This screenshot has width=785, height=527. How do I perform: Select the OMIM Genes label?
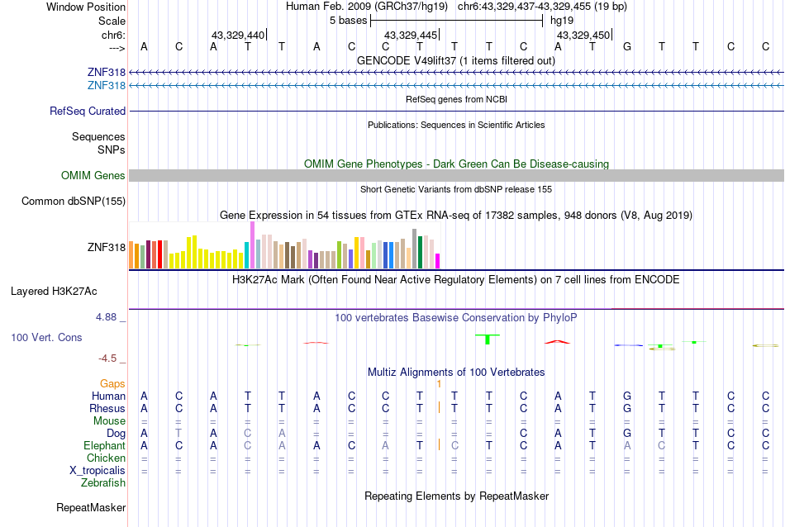click(x=93, y=175)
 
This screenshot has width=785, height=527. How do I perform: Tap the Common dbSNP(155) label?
click(x=74, y=201)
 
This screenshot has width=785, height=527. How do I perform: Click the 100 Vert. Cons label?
click(x=46, y=338)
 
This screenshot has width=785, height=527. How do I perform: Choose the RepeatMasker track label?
click(x=91, y=507)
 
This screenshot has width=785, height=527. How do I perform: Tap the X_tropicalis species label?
click(x=98, y=470)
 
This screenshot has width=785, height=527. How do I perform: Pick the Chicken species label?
click(x=107, y=458)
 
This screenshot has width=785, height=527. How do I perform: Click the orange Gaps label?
click(x=112, y=384)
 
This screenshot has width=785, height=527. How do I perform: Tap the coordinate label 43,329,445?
click(x=411, y=35)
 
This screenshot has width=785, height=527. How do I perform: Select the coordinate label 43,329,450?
click(x=583, y=35)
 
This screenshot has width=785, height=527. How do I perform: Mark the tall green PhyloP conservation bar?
click(x=488, y=339)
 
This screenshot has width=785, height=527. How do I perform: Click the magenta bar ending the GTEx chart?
click(x=438, y=261)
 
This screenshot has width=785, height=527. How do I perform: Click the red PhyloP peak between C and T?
click(x=558, y=340)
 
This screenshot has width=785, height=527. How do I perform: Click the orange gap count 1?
click(x=440, y=384)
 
